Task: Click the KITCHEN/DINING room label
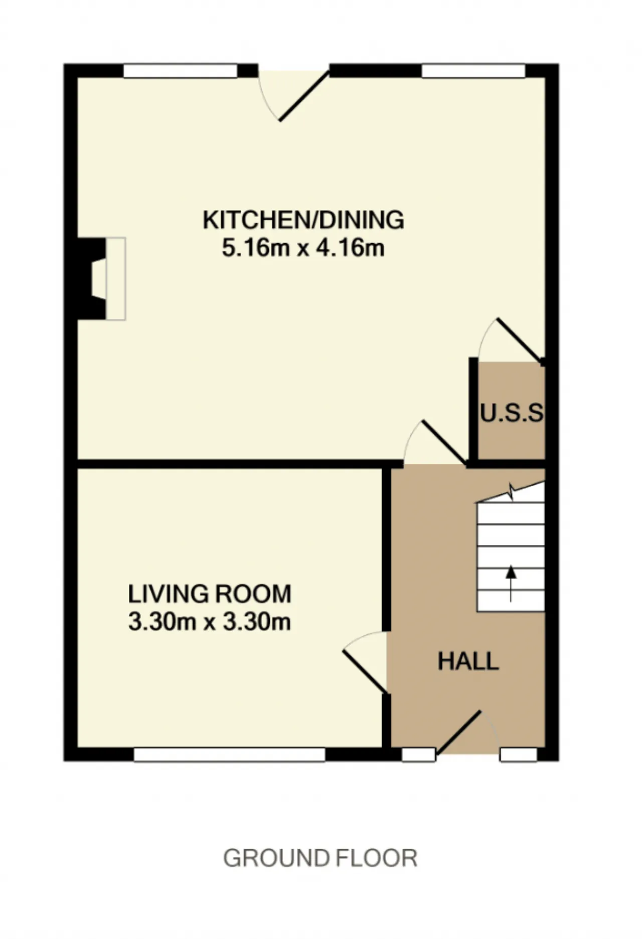303,220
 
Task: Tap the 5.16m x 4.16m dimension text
303,248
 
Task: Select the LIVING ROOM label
210,594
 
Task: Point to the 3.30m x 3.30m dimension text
210,622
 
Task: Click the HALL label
468,661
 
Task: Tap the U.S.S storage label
512,414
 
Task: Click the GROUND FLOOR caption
320,858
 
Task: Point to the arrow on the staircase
511,584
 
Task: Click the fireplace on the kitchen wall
100,279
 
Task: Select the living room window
230,755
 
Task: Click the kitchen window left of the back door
180,71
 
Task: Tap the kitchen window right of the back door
473,71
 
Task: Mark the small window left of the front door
419,755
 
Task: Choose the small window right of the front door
519,755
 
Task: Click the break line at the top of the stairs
511,492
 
